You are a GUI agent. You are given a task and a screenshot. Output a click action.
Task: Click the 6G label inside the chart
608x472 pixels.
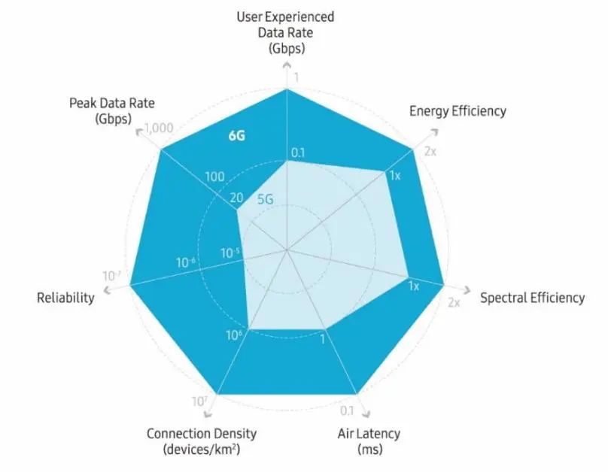pyautogui.click(x=239, y=136)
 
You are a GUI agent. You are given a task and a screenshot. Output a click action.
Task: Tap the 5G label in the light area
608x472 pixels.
pyautogui.click(x=265, y=200)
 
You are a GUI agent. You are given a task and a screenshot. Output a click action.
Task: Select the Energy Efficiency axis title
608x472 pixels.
pyautogui.click(x=458, y=111)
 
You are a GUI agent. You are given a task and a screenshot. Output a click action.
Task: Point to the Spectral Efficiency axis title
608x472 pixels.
pyautogui.click(x=532, y=298)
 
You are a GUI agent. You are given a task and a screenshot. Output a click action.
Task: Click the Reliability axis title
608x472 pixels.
pyautogui.click(x=65, y=298)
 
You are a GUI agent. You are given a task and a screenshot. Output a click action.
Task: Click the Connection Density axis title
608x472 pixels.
pyautogui.click(x=201, y=434)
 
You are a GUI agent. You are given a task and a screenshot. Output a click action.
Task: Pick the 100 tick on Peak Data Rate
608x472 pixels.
pyautogui.click(x=214, y=177)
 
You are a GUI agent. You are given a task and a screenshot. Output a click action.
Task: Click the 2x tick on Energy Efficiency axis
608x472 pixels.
pyautogui.click(x=431, y=152)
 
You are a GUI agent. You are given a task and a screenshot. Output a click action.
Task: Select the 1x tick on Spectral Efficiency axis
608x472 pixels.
pyautogui.click(x=413, y=286)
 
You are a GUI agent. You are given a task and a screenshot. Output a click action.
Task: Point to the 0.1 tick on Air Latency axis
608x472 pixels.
pyautogui.click(x=347, y=411)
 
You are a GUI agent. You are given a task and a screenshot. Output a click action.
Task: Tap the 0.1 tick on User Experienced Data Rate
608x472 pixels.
pyautogui.click(x=298, y=153)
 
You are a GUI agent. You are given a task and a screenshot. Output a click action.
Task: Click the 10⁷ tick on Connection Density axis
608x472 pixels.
pyautogui.click(x=199, y=402)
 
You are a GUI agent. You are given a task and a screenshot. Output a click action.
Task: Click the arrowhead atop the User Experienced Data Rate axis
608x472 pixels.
pyautogui.click(x=286, y=67)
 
